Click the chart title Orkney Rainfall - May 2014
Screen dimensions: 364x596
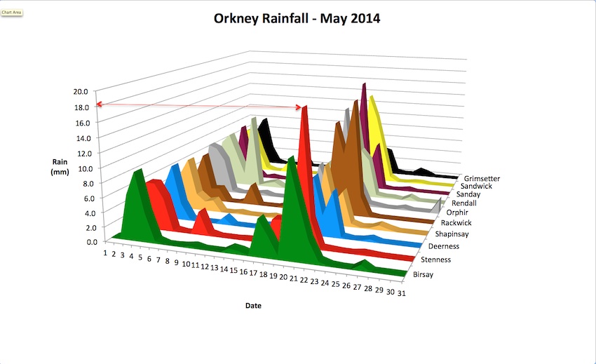297,18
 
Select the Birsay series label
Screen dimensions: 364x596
428,274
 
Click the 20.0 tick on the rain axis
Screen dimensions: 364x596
80,92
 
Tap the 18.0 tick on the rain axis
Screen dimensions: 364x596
80,107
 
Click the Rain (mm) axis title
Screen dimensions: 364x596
60,167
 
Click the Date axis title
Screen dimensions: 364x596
254,306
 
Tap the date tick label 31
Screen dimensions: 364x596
400,293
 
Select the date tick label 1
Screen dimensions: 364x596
105,252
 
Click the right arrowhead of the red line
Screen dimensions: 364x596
302,107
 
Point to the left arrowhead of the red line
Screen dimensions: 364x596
100,105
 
